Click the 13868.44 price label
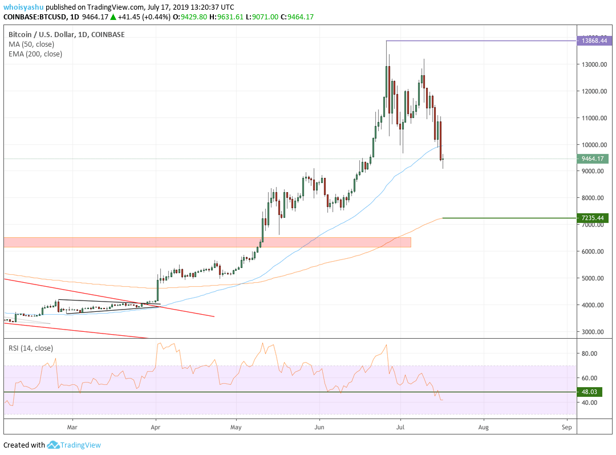(x=593, y=41)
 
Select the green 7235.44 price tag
(x=593, y=218)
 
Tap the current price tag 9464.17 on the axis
(x=593, y=159)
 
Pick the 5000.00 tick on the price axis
(x=592, y=278)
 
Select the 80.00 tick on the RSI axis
(x=589, y=354)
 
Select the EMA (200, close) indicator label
(x=35, y=54)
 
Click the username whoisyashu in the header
(x=23, y=7)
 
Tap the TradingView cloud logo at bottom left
(x=54, y=445)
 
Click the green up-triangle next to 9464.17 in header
(x=113, y=17)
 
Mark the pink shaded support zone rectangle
(x=206, y=242)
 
